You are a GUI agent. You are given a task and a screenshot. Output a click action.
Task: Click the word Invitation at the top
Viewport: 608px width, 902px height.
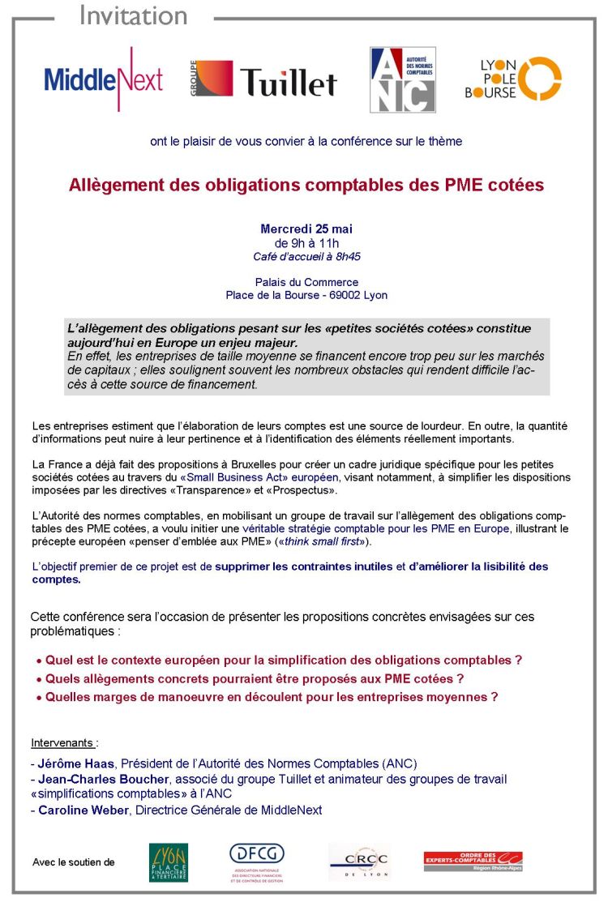tap(134, 15)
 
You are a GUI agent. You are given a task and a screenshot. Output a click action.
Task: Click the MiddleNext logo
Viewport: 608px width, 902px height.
tap(103, 79)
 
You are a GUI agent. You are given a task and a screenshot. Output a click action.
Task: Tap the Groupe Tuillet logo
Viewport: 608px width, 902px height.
tap(263, 81)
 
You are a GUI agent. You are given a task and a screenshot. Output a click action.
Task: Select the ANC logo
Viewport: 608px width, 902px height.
tap(402, 79)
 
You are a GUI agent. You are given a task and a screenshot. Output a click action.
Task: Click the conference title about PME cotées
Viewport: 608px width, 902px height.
tap(306, 185)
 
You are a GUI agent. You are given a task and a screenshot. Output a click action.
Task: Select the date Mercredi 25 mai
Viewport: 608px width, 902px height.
tap(306, 229)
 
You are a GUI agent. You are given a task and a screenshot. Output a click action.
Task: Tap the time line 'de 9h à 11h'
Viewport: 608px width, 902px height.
tap(306, 243)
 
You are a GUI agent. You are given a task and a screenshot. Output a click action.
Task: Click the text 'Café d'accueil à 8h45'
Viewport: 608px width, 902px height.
tap(306, 257)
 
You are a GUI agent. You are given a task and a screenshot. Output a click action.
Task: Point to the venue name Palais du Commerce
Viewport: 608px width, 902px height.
tap(306, 282)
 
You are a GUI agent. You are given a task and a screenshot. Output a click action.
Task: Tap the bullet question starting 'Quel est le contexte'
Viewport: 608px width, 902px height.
tap(283, 660)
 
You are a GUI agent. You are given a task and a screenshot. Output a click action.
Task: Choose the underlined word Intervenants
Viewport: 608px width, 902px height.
tap(62, 742)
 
